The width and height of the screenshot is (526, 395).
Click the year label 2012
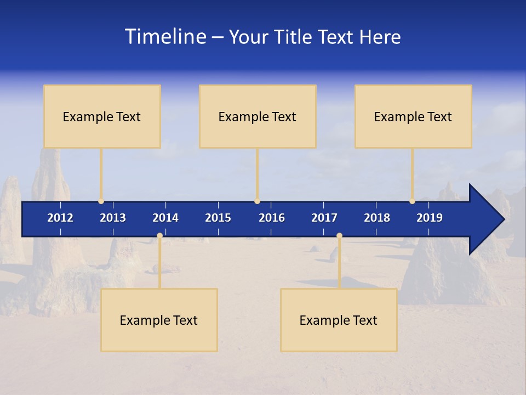60,218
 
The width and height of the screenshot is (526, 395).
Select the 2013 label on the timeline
113,218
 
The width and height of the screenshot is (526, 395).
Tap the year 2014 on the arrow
165,218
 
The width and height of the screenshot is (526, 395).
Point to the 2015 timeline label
218,218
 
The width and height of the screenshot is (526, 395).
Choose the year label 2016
272,218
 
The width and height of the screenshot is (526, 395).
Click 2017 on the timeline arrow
324,218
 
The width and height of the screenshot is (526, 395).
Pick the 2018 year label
377,218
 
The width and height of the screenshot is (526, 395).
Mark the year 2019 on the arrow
430,218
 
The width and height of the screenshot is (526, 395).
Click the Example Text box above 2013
102,116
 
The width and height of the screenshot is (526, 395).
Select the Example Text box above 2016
258,116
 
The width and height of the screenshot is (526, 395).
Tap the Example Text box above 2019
413,116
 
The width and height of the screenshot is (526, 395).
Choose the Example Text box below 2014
159,320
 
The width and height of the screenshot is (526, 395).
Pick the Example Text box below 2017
339,320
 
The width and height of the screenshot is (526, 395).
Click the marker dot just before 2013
101,201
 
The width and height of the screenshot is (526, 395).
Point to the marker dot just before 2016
257,201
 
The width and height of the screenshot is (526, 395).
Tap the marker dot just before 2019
412,201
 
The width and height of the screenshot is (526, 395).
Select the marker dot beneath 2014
159,236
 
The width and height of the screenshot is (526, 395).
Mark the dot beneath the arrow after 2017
339,236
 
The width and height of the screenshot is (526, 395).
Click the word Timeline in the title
165,37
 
